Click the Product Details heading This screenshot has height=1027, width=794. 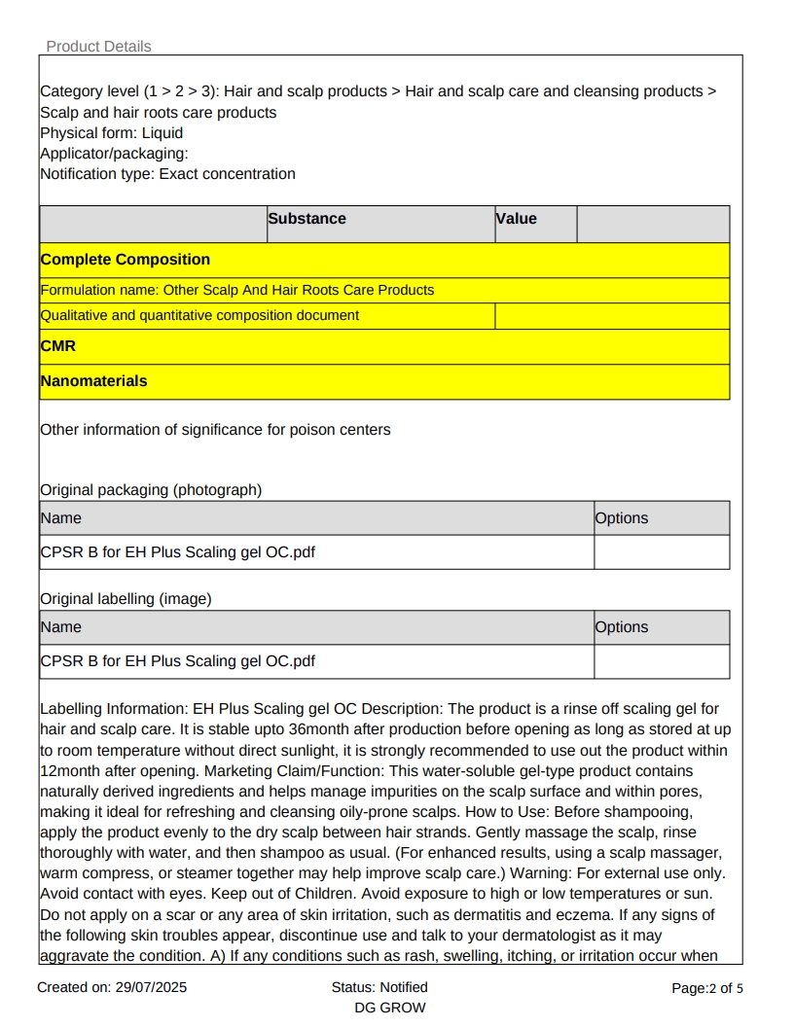(98, 47)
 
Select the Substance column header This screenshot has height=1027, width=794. (307, 219)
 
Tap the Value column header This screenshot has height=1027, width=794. (517, 219)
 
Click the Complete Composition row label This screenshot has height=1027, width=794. (125, 260)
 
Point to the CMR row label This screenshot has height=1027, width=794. (57, 346)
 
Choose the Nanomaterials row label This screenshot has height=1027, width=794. (93, 381)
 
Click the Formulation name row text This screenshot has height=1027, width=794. (236, 290)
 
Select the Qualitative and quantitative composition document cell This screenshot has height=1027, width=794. (199, 315)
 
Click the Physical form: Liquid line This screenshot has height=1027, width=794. (111, 133)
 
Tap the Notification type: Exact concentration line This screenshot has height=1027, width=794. (167, 174)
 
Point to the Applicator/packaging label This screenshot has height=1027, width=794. (114, 154)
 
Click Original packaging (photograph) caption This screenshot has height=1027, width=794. (151, 490)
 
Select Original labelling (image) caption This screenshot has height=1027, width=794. (126, 599)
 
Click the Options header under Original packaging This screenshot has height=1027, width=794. (621, 518)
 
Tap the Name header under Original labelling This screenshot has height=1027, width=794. (60, 627)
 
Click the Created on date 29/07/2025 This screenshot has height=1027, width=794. (112, 988)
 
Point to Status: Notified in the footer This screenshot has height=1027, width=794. (379, 987)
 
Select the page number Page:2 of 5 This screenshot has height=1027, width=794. (707, 988)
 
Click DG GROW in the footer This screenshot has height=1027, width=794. (390, 1008)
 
